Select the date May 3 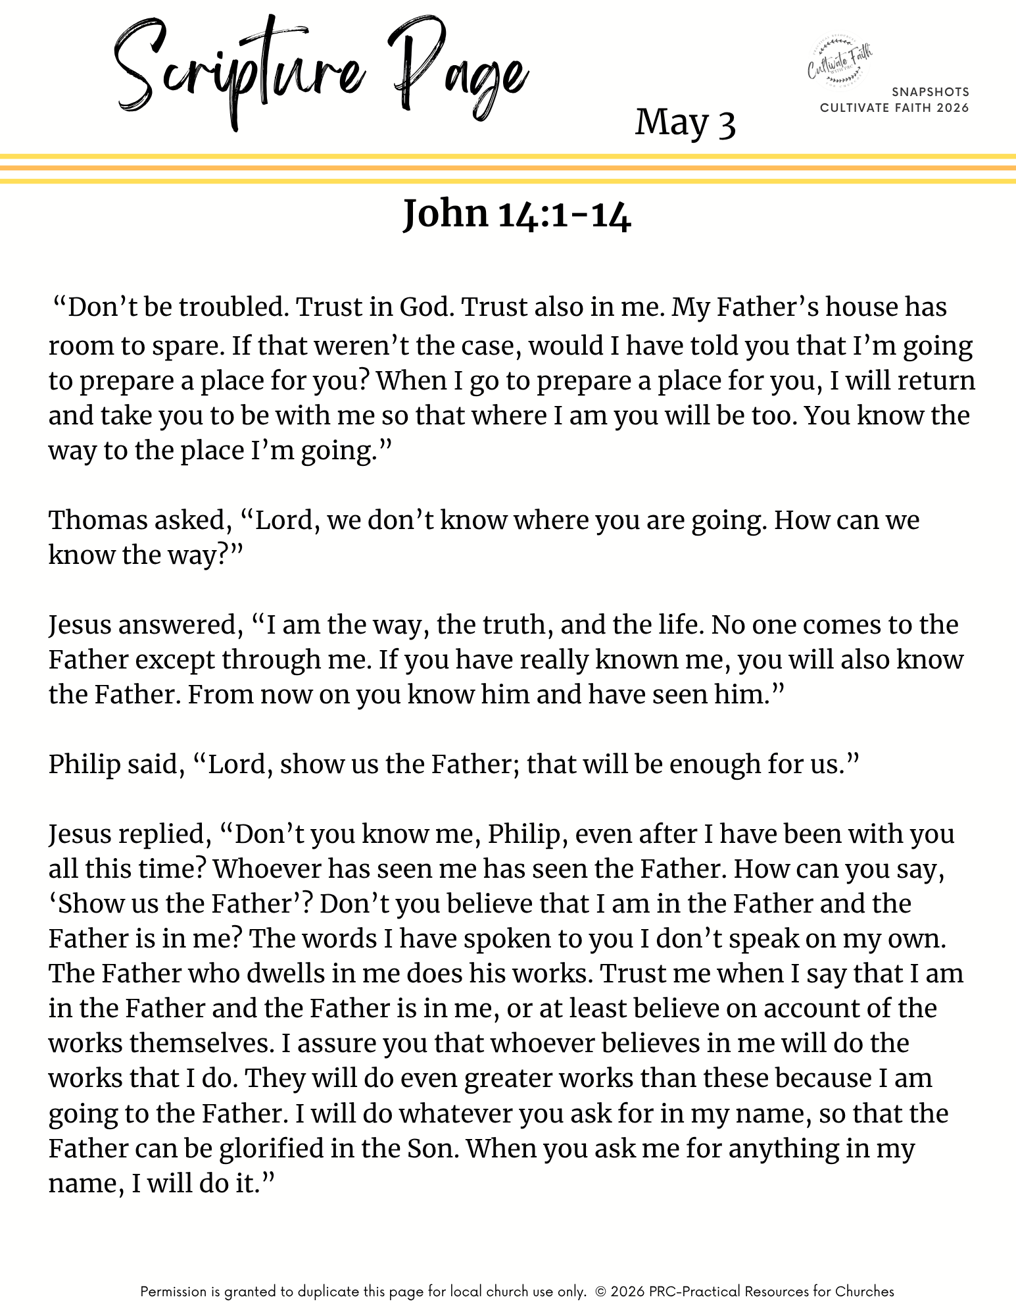click(x=685, y=123)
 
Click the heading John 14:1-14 click(x=517, y=214)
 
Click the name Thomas click(x=97, y=520)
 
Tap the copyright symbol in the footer click(x=600, y=1292)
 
